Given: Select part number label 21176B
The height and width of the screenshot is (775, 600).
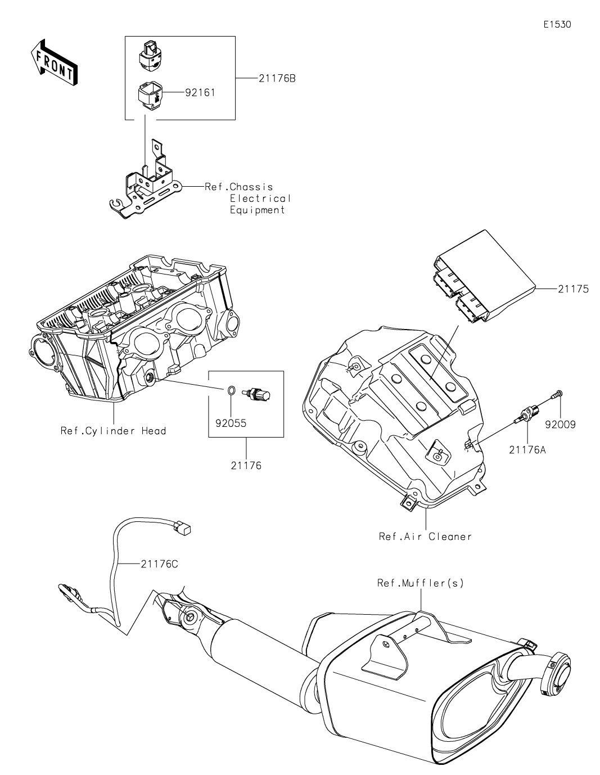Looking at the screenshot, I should [x=277, y=79].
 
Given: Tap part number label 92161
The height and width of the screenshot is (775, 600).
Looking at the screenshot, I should [x=200, y=92].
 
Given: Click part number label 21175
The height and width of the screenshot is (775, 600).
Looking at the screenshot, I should [x=574, y=289].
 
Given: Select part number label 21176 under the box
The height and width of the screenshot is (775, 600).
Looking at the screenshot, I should [x=246, y=466].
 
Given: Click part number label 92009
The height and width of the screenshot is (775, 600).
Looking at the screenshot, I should [x=560, y=425].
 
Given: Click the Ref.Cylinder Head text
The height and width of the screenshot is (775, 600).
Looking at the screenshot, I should [x=114, y=431].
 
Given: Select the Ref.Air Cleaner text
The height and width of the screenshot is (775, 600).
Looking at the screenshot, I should [x=425, y=536].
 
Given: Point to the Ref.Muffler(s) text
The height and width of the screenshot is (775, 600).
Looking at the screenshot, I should [x=421, y=583].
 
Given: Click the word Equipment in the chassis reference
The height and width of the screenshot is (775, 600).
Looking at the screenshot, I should [x=258, y=210].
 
